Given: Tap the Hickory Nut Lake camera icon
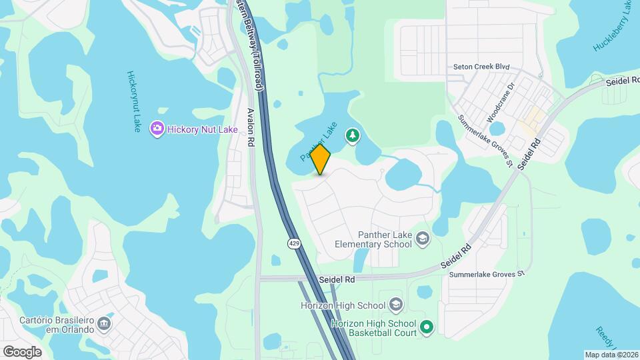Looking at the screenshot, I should (157, 128).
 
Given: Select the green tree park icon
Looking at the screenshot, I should (352, 137).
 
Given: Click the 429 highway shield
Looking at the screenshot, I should (294, 244).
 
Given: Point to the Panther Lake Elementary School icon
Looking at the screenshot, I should (423, 238).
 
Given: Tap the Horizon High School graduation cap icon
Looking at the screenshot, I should (396, 305).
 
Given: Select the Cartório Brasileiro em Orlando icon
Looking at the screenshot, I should (104, 325).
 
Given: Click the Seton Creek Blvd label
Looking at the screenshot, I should (481, 67).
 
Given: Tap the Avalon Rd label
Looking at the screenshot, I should (251, 127).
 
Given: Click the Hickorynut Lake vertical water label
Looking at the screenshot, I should (133, 101).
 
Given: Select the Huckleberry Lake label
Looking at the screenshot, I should (611, 25).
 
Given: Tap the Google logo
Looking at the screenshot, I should (22, 351).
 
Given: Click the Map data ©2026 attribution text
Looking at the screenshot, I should (611, 355).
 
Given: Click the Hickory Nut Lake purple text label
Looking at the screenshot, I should (203, 129).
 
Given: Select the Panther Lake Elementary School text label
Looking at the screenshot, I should (375, 239).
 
